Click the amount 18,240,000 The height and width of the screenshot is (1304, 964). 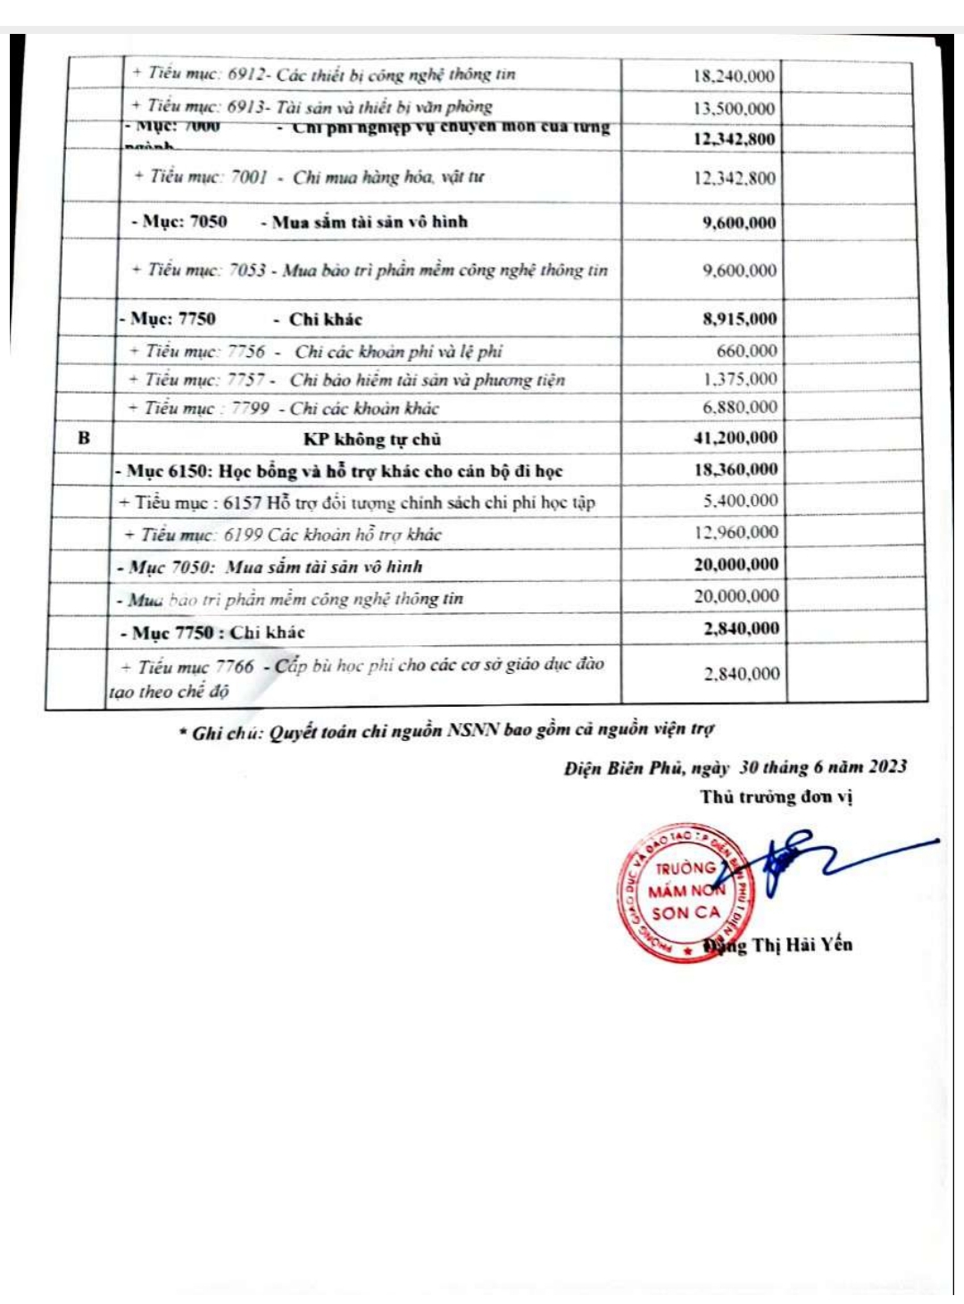tap(734, 77)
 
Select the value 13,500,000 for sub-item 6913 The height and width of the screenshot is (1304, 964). tap(734, 109)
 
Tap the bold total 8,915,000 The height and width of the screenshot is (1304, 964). tap(739, 319)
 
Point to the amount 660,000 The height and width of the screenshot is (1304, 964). tap(746, 351)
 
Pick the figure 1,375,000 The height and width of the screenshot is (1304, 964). tap(739, 379)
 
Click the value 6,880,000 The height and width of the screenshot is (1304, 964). tap(739, 407)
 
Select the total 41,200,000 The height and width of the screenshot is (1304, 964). tap(735, 437)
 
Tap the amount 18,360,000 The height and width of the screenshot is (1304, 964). tap(735, 469)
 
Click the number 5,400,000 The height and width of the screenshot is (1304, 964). tap(740, 501)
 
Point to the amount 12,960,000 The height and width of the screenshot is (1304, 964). tap(735, 533)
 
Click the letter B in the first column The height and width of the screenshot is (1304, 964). tap(84, 437)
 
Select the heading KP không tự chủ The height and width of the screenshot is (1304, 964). tap(371, 438)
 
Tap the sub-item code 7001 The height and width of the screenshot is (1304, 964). tap(249, 177)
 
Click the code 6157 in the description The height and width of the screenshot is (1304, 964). tap(242, 502)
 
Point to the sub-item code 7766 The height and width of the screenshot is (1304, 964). tap(235, 667)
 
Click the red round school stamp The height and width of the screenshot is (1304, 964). tap(682, 891)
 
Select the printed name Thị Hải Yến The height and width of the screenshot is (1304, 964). tap(802, 944)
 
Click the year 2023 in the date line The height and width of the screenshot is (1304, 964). tap(887, 767)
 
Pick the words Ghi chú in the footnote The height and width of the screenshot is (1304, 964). tap(223, 733)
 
